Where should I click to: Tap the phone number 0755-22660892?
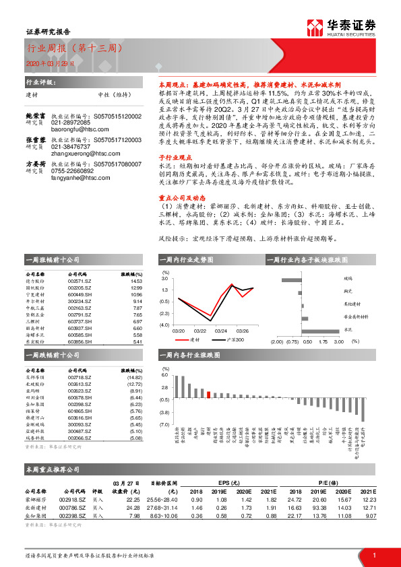pyautogui.click(x=72, y=171)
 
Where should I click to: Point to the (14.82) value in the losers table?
pyautogui.click(x=133, y=377)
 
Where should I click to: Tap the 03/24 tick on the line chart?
pyautogui.click(x=220, y=331)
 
